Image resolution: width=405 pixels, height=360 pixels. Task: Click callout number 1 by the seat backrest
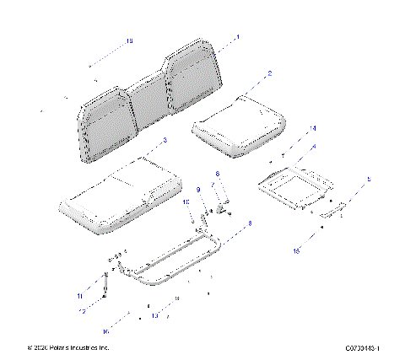coord(238,37)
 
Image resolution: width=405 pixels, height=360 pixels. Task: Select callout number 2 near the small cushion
coord(269,74)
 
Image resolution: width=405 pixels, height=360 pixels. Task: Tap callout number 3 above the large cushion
coord(165,140)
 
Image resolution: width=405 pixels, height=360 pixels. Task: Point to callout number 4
coord(314,147)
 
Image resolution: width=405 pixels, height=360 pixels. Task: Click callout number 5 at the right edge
coord(368,180)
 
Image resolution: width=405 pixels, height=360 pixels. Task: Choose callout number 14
coord(312,128)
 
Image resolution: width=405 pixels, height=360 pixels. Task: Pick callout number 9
coord(199,190)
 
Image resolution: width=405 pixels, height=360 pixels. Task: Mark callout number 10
coord(186,203)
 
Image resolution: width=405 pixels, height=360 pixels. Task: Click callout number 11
coord(80,296)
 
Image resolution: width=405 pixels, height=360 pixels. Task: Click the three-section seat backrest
coord(152,101)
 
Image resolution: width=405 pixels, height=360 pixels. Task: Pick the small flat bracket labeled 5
coord(332,209)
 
